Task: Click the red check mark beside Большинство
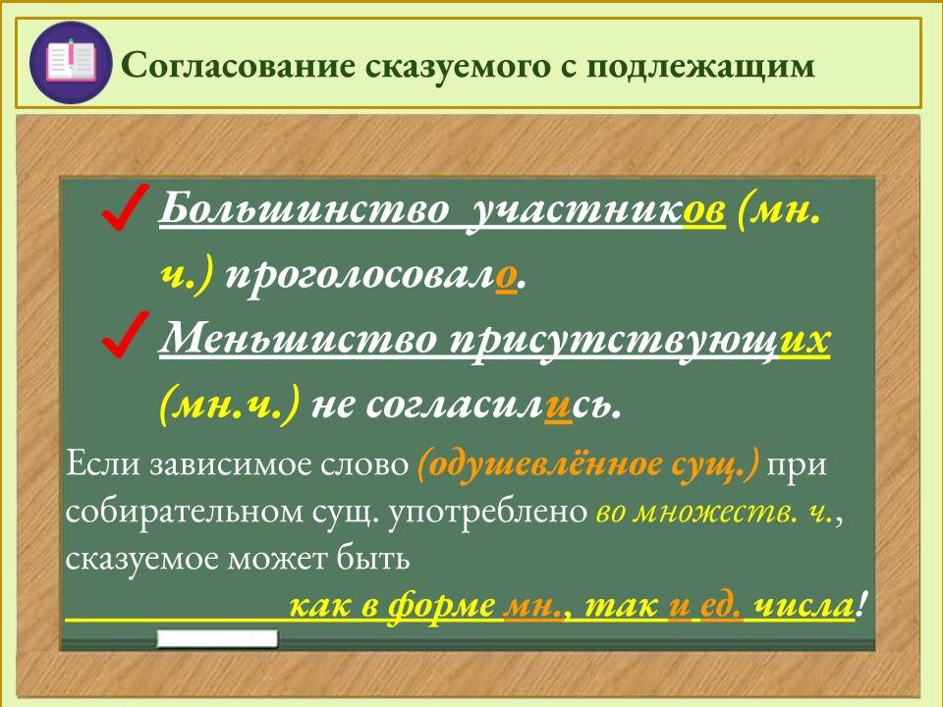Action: click(x=125, y=208)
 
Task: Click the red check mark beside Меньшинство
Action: click(x=125, y=336)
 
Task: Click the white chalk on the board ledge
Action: click(x=218, y=639)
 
